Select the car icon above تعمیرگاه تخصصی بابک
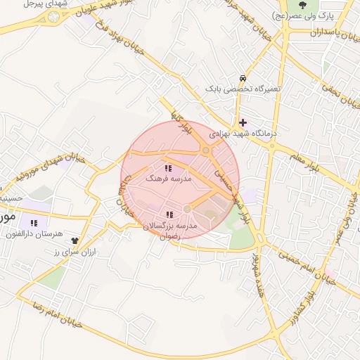coord(243,78)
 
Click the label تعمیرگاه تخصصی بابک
coord(243,89)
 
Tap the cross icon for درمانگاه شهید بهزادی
coord(243,122)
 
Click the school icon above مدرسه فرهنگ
coord(168,168)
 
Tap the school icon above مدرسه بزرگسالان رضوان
coord(168,214)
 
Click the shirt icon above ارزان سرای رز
coord(75,241)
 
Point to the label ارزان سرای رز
coord(75,252)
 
